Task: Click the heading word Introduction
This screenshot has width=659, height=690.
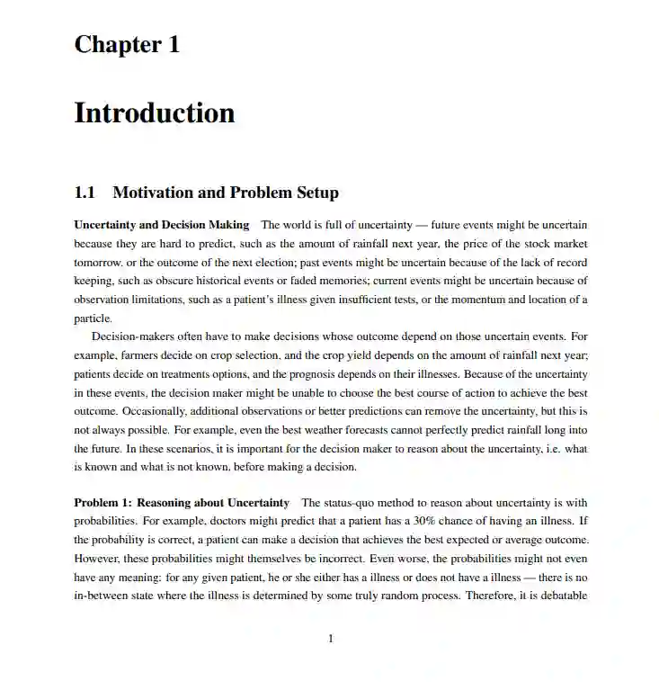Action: pos(154,113)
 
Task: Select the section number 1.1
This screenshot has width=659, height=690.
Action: pos(85,193)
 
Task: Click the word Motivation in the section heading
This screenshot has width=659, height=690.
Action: pos(153,193)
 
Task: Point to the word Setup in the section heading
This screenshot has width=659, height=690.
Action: pos(316,193)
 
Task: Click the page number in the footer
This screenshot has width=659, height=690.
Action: pos(330,639)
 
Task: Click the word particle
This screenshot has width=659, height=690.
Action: pos(93,318)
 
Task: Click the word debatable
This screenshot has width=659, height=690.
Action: pos(562,596)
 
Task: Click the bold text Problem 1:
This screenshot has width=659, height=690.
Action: pos(102,502)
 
